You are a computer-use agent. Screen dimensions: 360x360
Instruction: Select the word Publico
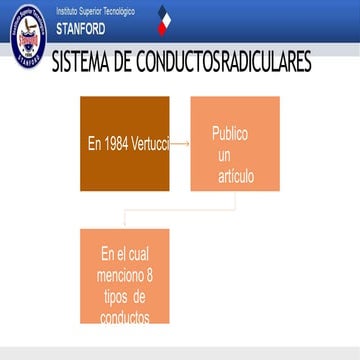coord(229,133)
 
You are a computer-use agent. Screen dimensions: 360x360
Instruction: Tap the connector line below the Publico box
coord(235,205)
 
